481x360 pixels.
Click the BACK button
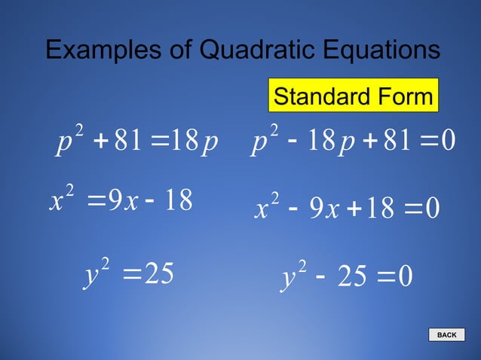pos(447,335)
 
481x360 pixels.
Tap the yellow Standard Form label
pos(353,96)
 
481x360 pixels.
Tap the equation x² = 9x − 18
pos(121,200)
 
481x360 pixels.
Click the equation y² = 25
pos(127,274)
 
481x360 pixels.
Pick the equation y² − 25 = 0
pos(348,276)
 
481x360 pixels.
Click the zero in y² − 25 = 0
pos(405,277)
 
